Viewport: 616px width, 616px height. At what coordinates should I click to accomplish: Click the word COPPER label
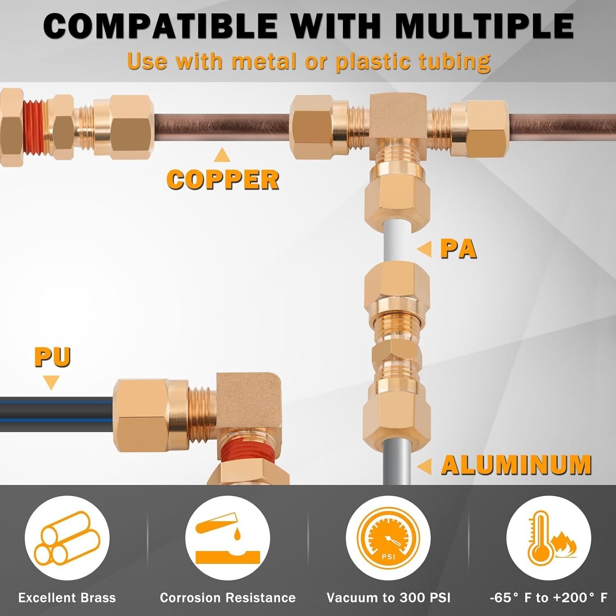tap(223, 180)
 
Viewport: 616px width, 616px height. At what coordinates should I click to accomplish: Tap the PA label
tap(459, 249)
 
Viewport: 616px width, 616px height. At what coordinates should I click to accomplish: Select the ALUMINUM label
tap(517, 465)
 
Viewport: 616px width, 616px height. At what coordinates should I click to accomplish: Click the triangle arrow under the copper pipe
tap(222, 154)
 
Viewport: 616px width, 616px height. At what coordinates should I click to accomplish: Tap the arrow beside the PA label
tap(425, 249)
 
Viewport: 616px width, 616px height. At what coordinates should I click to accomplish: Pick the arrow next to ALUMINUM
tap(425, 466)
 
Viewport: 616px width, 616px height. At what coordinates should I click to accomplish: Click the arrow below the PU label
tap(51, 383)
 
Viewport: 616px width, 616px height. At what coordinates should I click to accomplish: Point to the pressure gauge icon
tap(388, 538)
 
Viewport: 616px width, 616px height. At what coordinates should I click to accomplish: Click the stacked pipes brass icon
tap(67, 538)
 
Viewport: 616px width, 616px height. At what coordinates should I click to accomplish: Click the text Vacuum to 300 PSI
tap(388, 598)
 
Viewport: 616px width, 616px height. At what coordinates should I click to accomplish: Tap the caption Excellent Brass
tap(67, 598)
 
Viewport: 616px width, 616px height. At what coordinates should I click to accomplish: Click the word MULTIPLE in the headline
tap(485, 26)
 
